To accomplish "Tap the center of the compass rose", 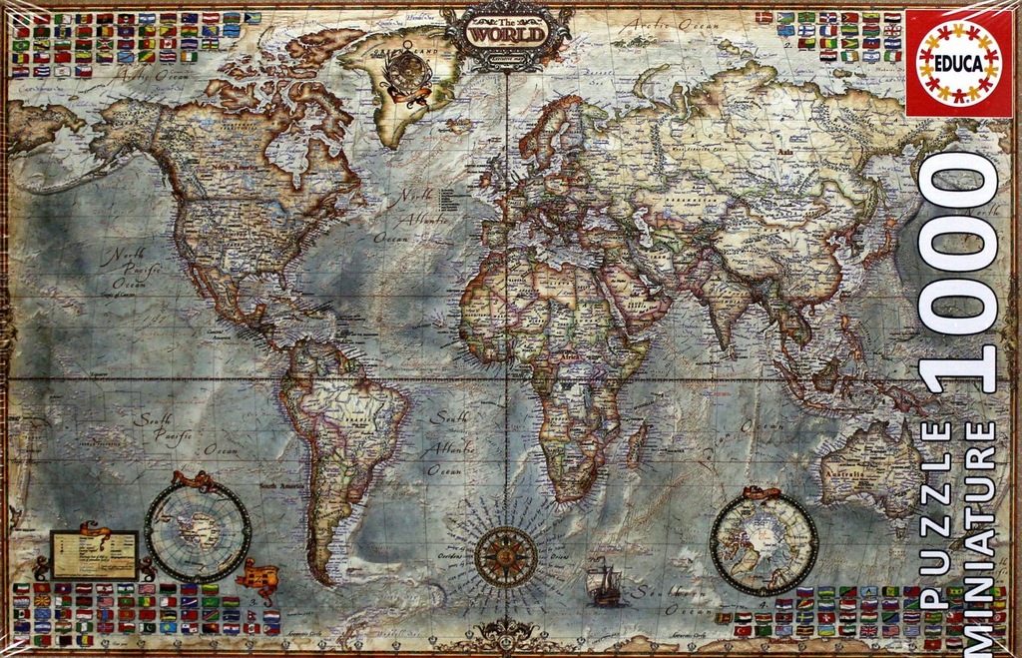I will click(x=505, y=556).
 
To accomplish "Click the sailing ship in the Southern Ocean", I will click(x=605, y=585).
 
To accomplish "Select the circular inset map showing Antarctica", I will click(x=198, y=531).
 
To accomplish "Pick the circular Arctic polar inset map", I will click(x=764, y=544).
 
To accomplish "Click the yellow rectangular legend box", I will click(x=95, y=554).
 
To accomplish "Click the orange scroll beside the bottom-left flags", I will click(x=256, y=576).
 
